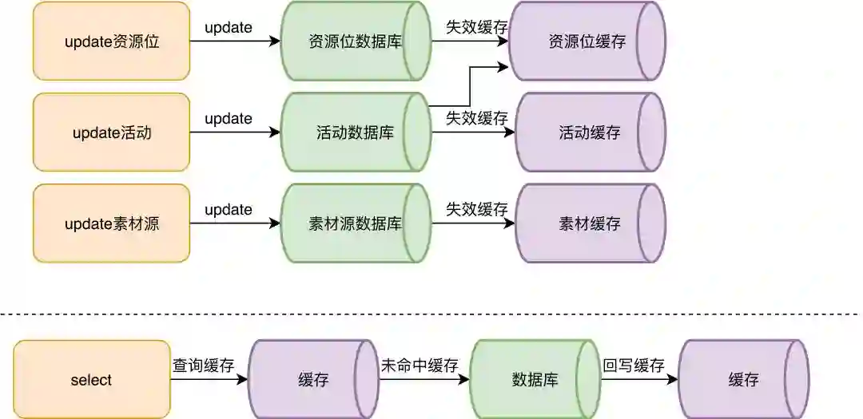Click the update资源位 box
pos(111,42)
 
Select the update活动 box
pos(111,132)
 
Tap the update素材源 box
pos(111,224)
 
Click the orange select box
pos(92,380)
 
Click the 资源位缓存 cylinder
pos(587,42)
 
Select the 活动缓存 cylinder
pos(590,132)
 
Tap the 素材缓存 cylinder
pos(590,224)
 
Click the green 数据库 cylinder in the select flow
pos(533,380)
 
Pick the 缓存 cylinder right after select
pos(312,380)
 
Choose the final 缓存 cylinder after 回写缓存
pos(743,380)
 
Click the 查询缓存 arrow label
pos(204,366)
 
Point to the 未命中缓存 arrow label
pos(420,366)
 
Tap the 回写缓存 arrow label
pos(634,366)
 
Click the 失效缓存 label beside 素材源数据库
pos(476,210)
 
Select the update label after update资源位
pos(229,28)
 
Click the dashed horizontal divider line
pos(431,314)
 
